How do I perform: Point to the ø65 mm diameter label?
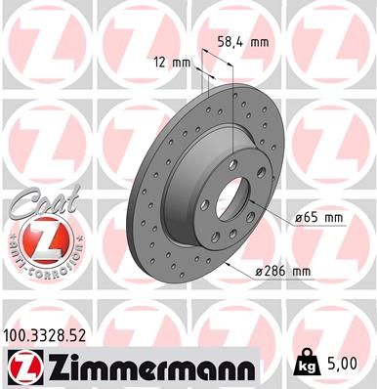(x=317, y=217)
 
